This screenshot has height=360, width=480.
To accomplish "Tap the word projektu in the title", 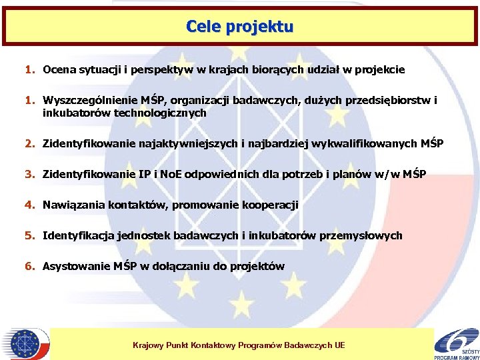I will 259,27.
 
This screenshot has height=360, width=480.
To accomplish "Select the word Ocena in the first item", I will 59,69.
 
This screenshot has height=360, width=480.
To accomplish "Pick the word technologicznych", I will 161,113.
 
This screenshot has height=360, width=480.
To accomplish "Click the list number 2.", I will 31,143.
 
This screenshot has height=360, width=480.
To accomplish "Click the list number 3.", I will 31,175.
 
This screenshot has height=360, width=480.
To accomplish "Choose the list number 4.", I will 31,205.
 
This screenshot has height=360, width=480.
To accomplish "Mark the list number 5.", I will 31,235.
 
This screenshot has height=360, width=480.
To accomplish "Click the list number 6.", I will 31,266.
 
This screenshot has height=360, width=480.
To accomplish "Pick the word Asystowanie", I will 75,266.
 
